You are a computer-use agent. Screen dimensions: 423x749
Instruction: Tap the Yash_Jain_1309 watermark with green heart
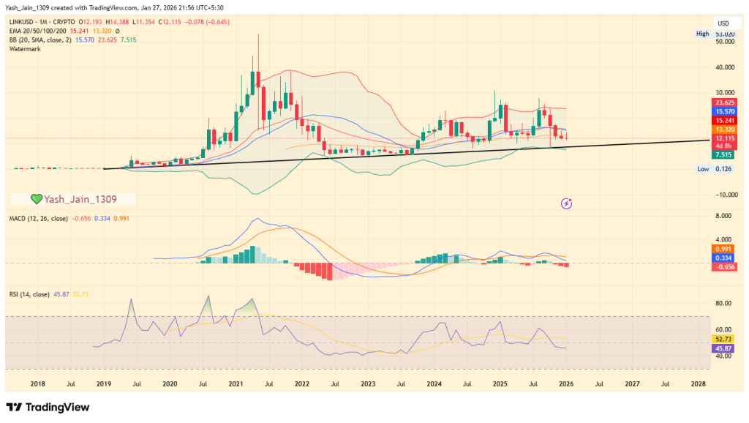coord(73,199)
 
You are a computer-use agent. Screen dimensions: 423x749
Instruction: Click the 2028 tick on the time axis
coord(698,383)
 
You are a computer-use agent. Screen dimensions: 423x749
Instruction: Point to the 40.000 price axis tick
coord(725,67)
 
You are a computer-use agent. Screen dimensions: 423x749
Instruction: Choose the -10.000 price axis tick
coord(725,195)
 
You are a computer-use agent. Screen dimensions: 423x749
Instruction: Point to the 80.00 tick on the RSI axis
coord(725,303)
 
